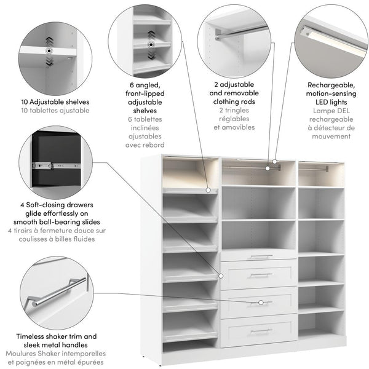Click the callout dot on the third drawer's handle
(x=261, y=303)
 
